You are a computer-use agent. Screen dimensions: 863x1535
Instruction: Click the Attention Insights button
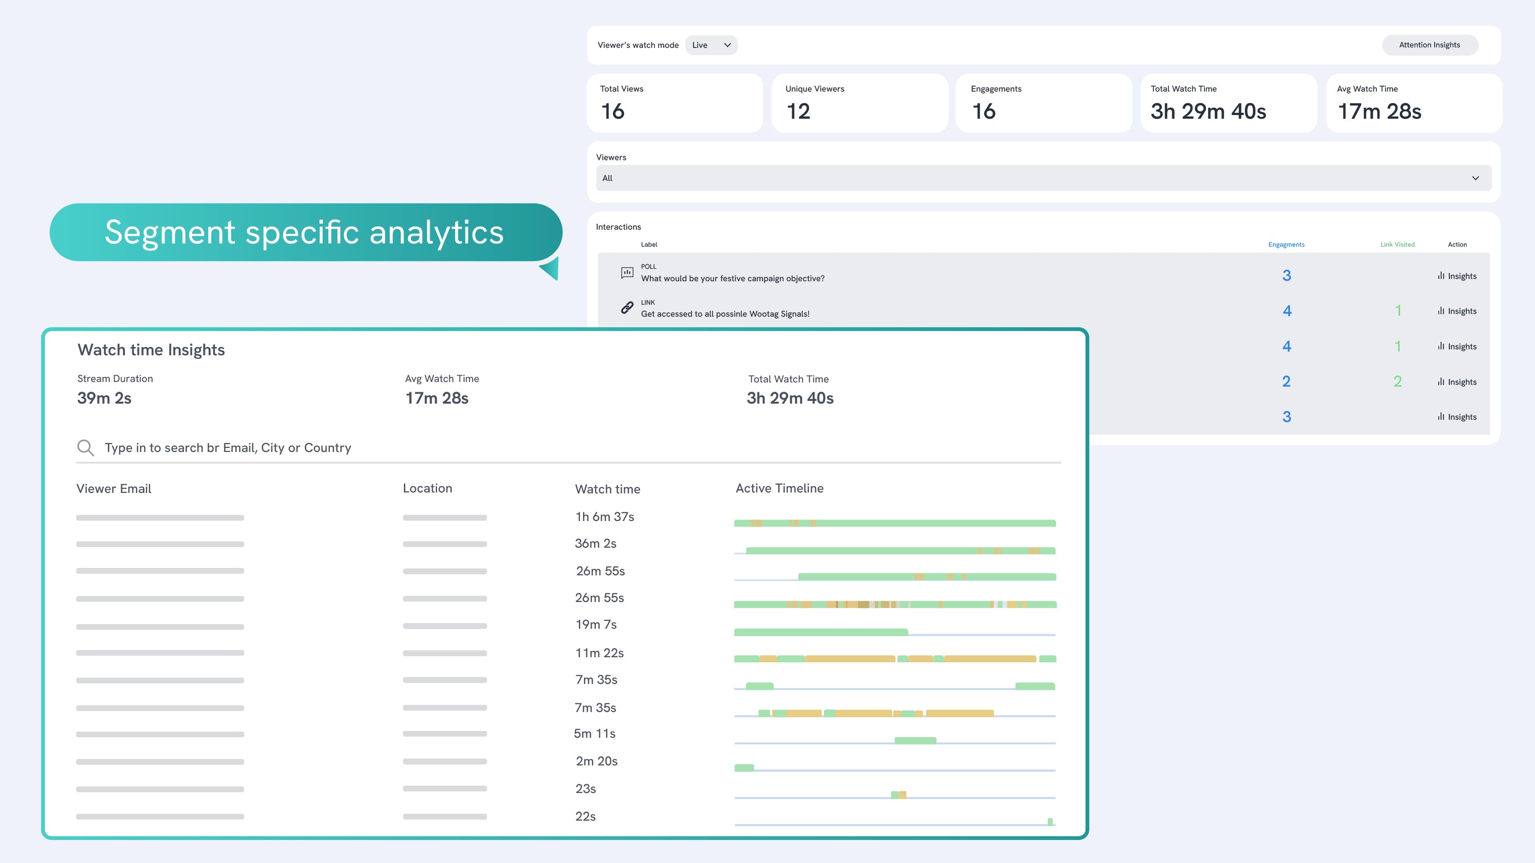(x=1429, y=45)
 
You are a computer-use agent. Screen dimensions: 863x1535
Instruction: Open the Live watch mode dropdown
(x=711, y=45)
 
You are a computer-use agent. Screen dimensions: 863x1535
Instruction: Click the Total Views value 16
(x=613, y=111)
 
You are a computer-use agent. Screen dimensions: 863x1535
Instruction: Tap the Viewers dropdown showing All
(x=1043, y=178)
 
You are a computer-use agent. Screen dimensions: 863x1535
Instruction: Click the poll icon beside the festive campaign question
(x=627, y=273)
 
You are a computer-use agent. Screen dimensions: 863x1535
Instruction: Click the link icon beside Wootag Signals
(x=627, y=308)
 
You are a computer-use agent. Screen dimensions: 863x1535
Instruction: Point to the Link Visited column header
(x=1397, y=244)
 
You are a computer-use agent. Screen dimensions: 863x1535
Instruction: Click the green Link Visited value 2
(x=1397, y=381)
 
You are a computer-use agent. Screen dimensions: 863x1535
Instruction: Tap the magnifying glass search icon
(x=85, y=448)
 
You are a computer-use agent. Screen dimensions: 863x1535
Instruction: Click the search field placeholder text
(x=228, y=448)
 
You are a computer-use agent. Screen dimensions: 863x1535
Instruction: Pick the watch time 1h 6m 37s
(x=604, y=517)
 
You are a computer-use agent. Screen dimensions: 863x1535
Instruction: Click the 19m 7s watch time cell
(x=596, y=625)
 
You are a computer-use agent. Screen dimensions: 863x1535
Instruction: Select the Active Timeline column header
(x=779, y=488)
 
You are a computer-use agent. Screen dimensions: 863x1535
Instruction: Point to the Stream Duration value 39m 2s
(x=104, y=398)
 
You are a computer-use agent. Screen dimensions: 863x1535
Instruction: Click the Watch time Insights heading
(x=151, y=350)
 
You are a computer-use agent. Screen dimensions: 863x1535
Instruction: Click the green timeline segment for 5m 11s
(x=915, y=740)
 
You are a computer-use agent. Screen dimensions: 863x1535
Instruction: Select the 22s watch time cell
(x=585, y=817)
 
